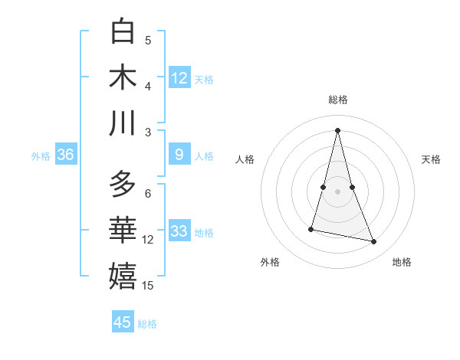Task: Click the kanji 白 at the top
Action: [123, 31]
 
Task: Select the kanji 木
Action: [123, 77]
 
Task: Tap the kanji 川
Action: [123, 123]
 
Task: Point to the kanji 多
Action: [123, 184]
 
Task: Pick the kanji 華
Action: [123, 230]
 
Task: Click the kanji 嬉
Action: [123, 276]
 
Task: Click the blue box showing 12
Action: [179, 77]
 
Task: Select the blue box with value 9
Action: [179, 155]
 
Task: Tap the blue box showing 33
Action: [179, 231]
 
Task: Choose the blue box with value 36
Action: [65, 155]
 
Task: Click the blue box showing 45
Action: [123, 322]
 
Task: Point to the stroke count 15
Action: [148, 286]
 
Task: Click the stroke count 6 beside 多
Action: [148, 193]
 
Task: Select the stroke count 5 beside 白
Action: [148, 41]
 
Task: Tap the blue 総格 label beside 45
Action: [147, 324]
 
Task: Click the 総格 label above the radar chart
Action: [337, 100]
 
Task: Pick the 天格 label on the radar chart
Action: [431, 159]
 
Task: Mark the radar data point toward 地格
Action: [374, 242]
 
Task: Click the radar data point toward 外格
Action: [311, 229]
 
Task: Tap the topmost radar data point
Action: [337, 130]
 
